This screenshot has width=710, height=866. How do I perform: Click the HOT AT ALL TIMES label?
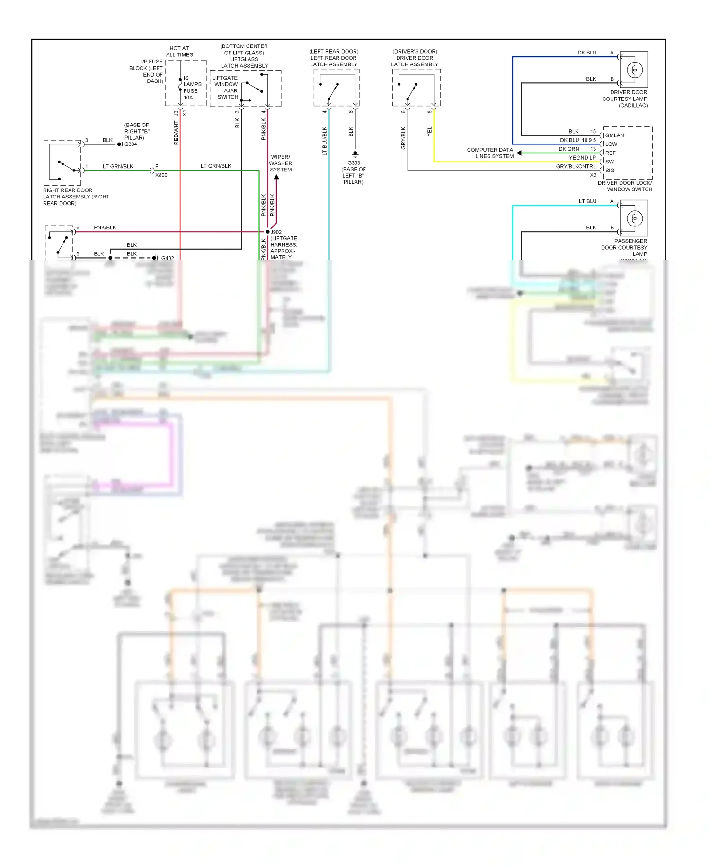pyautogui.click(x=179, y=51)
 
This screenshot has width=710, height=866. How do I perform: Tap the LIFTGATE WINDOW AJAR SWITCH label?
pyautogui.click(x=226, y=87)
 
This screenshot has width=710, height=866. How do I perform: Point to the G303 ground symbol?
pyautogui.click(x=355, y=154)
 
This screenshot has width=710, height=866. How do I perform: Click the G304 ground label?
pyautogui.click(x=130, y=144)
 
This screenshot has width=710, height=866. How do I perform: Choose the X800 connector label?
pyautogui.click(x=161, y=175)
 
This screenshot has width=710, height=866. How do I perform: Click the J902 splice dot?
pyautogui.click(x=267, y=232)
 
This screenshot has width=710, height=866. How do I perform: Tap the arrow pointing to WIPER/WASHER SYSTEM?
pyautogui.click(x=276, y=178)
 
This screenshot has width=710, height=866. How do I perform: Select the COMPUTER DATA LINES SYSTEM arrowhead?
pyautogui.click(x=519, y=153)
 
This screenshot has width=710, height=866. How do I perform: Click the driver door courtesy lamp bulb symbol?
pyautogui.click(x=634, y=70)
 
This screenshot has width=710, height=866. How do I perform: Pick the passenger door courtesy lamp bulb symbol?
pyautogui.click(x=634, y=219)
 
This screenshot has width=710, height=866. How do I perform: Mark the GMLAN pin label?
pyautogui.click(x=614, y=135)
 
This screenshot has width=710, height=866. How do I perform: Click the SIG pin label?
pyautogui.click(x=610, y=171)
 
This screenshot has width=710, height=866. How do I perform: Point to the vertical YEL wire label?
pyautogui.click(x=430, y=132)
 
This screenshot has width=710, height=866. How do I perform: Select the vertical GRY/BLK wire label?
pyautogui.click(x=403, y=138)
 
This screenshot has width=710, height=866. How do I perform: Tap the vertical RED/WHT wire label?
pyautogui.click(x=176, y=133)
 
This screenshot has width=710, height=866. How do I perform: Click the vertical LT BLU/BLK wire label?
pyautogui.click(x=325, y=141)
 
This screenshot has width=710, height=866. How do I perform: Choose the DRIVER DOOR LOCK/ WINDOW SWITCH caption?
pyautogui.click(x=625, y=186)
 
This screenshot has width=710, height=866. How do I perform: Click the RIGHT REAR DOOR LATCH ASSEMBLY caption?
pyautogui.click(x=76, y=197)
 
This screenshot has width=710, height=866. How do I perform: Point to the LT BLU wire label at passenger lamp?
pyautogui.click(x=587, y=201)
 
